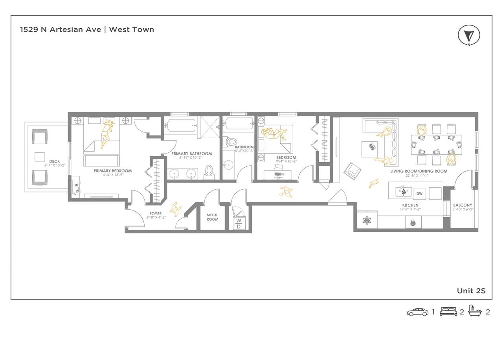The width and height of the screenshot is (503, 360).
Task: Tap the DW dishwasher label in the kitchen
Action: [419, 194]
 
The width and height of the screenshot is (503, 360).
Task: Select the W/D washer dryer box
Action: [239, 223]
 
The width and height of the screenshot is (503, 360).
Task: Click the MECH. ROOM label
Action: [213, 217]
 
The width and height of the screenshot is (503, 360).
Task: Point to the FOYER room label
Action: [155, 214]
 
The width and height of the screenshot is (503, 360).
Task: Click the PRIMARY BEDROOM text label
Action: [113, 171]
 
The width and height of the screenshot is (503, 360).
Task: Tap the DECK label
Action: [55, 161]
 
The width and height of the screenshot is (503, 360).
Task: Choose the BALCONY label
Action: [463, 205]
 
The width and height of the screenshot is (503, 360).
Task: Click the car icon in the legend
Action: [418, 312]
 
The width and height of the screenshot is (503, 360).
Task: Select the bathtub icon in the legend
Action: [475, 311]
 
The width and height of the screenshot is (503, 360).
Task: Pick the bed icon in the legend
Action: [448, 312]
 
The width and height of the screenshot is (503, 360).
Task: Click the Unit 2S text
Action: [471, 291]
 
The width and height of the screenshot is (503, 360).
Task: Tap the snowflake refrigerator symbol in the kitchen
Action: [367, 221]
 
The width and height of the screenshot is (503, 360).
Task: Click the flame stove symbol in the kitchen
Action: [413, 223]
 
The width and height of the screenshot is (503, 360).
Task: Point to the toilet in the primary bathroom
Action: [209, 172]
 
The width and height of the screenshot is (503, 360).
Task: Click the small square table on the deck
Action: [40, 157]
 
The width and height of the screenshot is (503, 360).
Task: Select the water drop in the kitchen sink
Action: [404, 192]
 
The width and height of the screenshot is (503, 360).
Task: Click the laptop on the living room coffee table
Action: [372, 147]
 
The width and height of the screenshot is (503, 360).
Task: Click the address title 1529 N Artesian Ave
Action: [61, 29]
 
